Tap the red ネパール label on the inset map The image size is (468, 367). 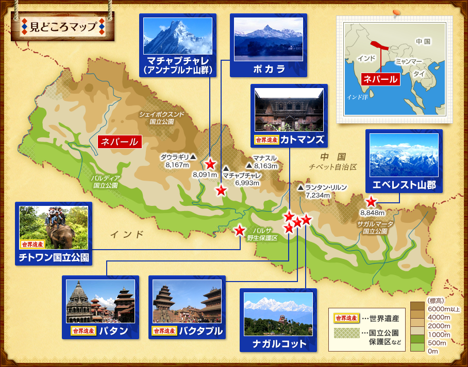click(x=380, y=79)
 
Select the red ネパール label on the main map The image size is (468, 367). click(x=119, y=142)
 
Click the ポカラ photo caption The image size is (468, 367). click(x=269, y=68)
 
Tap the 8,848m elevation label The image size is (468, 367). click(x=372, y=213)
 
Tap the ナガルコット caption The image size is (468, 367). click(x=278, y=343)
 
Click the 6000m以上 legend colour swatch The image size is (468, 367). click(x=417, y=308)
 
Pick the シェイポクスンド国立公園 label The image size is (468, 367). click(x=161, y=118)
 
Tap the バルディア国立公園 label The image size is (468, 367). click(x=105, y=181)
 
